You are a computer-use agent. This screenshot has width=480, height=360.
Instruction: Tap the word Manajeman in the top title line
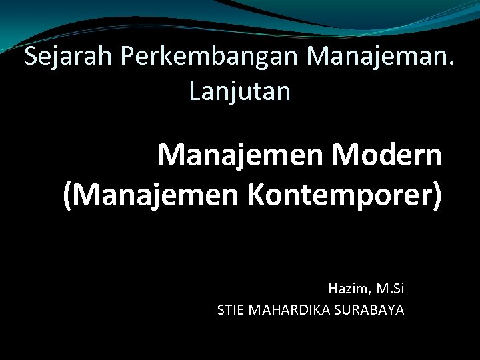(379, 58)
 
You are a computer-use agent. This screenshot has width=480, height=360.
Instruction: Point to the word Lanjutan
(240, 91)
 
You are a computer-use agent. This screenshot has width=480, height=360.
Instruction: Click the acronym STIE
(231, 310)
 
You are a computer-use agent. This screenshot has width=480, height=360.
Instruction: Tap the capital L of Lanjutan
(194, 91)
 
